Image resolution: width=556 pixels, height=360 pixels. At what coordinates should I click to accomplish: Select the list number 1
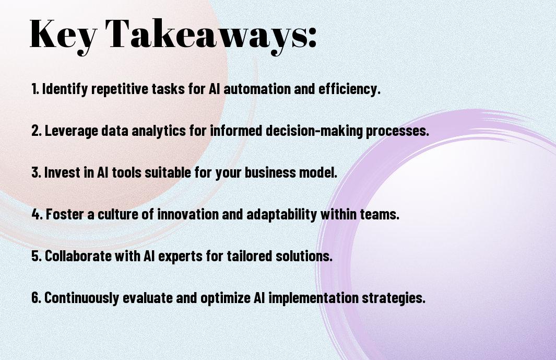tap(35, 89)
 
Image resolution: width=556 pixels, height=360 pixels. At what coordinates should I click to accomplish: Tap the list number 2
tap(37, 131)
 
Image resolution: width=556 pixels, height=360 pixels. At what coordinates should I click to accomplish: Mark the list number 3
tap(37, 172)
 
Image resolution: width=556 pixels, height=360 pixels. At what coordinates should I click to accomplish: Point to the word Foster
tap(65, 214)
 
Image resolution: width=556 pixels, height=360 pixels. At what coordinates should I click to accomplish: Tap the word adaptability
tap(281, 215)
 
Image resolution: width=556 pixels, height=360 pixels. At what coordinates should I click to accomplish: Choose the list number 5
tap(37, 256)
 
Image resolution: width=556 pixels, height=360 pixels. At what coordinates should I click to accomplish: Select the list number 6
tap(37, 298)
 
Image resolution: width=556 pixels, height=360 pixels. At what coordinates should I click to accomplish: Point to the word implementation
tap(313, 298)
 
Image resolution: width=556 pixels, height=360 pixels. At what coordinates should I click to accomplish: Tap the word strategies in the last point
tap(394, 298)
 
